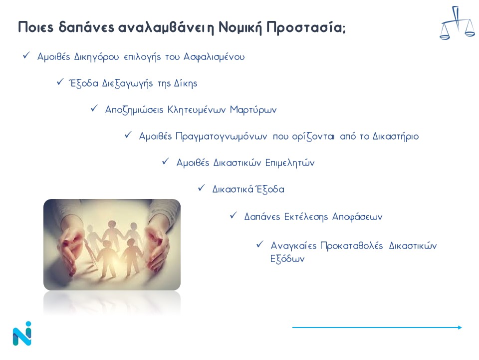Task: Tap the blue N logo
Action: click(22, 333)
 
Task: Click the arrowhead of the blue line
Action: click(460, 327)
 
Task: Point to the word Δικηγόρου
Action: click(96, 57)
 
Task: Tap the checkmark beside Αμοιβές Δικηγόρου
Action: click(26, 55)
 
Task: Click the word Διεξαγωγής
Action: click(127, 83)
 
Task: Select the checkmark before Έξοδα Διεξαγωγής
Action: click(60, 81)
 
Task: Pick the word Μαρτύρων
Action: click(253, 110)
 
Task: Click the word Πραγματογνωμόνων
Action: click(221, 136)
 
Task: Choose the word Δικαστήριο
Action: click(396, 136)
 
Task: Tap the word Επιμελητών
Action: click(289, 163)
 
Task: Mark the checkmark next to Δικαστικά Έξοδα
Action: click(201, 187)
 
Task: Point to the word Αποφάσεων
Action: click(357, 217)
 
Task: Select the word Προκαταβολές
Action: click(352, 246)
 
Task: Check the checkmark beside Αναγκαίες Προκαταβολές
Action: click(260, 244)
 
